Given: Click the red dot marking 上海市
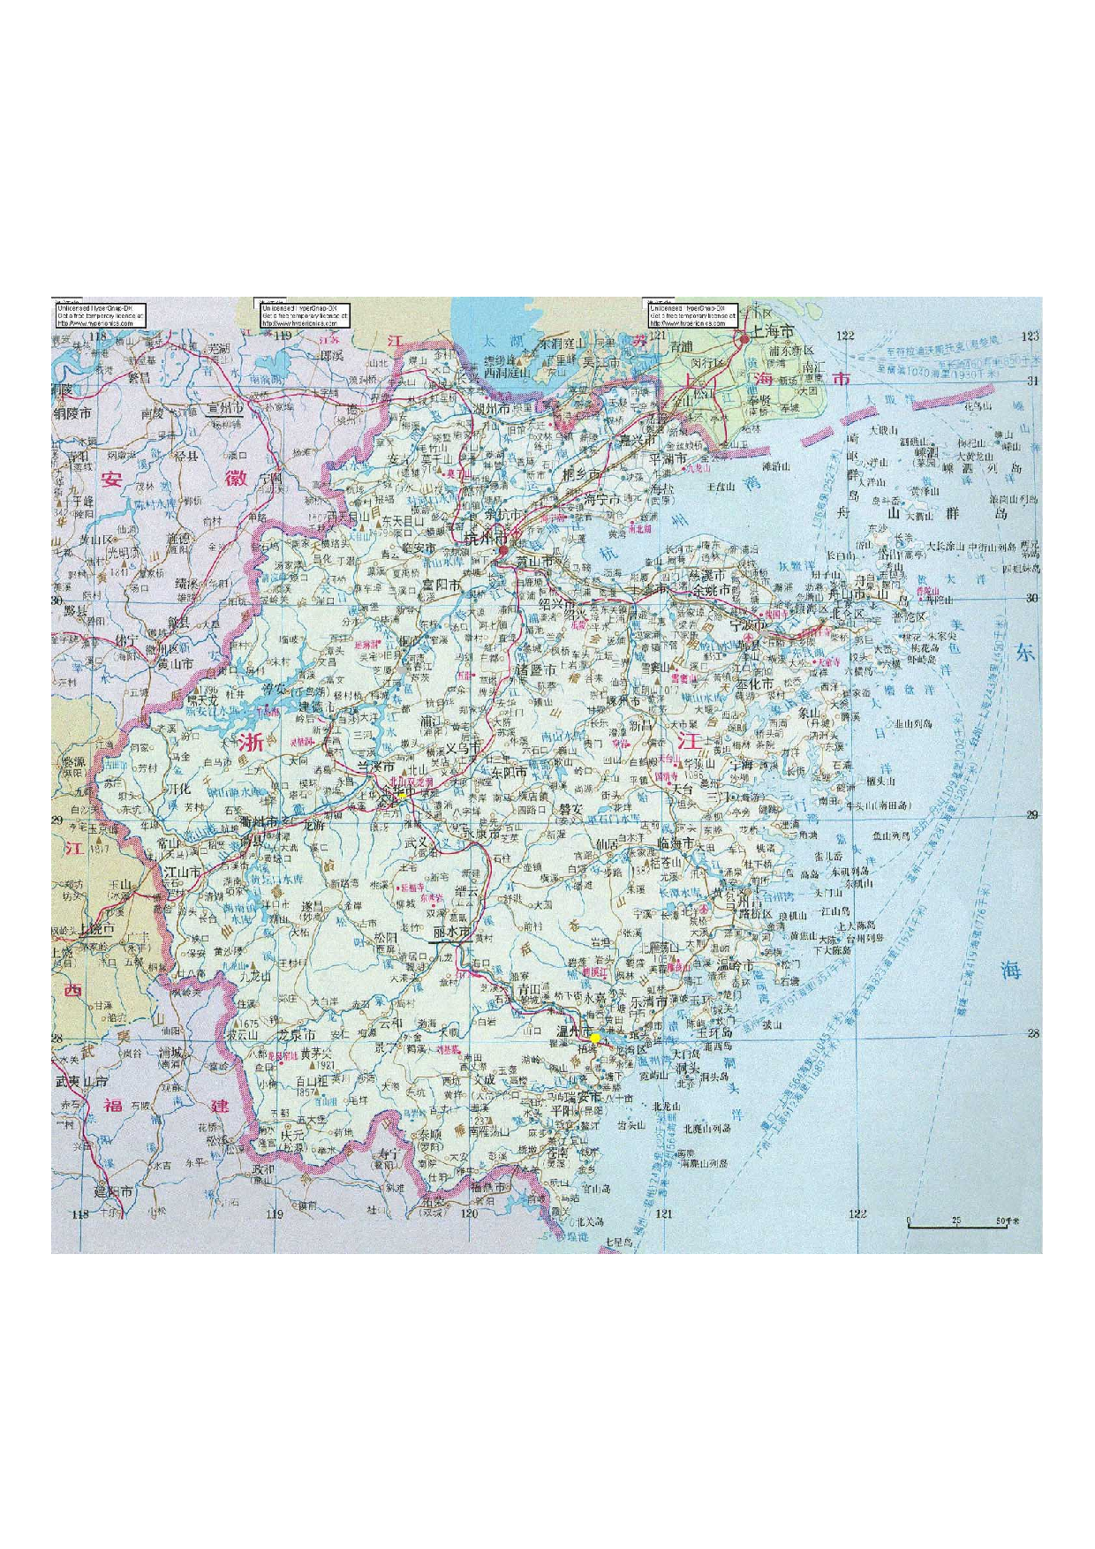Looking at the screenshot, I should point(744,337).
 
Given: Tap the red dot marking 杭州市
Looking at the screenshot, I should point(502,550).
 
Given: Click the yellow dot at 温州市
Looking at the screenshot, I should point(596,1039).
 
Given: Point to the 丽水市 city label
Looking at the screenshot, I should point(452,933).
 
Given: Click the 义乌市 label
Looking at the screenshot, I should point(462,747).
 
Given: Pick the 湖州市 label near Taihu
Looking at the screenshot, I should point(492,410).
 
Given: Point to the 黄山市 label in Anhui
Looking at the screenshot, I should point(176,663).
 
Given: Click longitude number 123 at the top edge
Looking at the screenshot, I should point(1030,336).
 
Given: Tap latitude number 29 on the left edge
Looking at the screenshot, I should point(57,820).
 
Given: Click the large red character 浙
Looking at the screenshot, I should point(251,743).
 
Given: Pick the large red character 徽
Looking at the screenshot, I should point(236,479).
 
